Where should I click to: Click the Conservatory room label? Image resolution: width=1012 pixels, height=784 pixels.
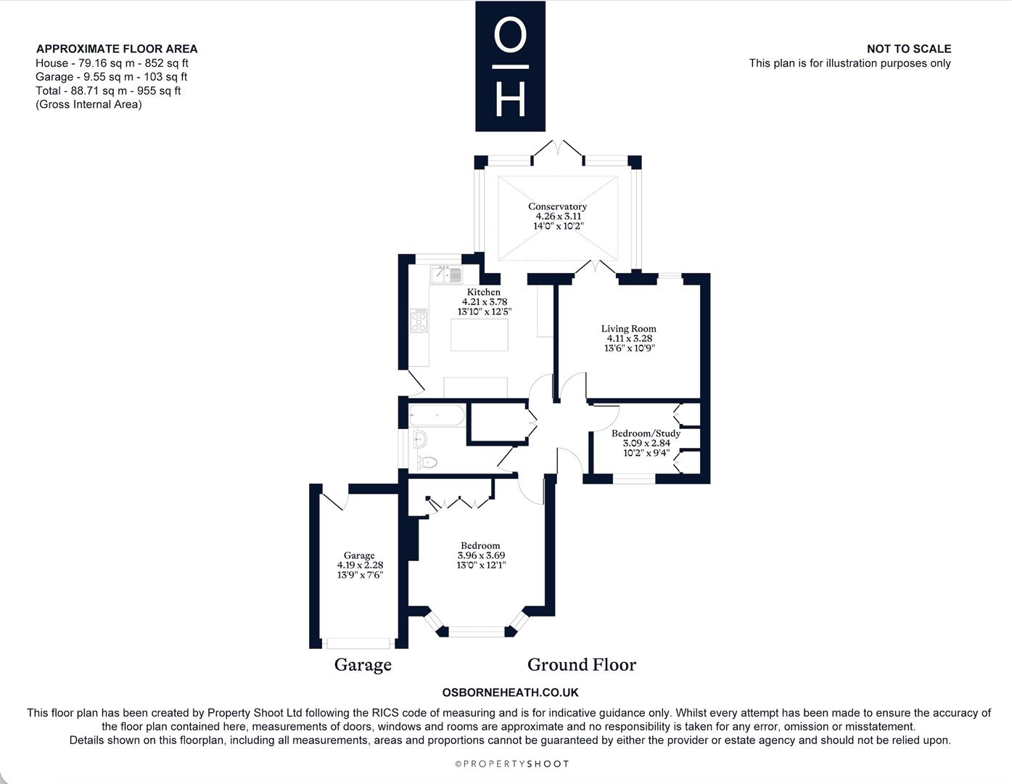click(x=557, y=206)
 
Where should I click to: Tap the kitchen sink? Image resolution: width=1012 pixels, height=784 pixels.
click(x=446, y=274)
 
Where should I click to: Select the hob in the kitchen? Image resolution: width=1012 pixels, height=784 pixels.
click(x=419, y=321)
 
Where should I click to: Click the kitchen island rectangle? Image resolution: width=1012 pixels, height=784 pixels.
click(x=480, y=335)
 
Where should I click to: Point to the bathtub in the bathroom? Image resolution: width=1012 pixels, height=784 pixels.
click(x=437, y=415)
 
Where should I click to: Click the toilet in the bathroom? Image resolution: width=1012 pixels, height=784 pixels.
click(x=427, y=462)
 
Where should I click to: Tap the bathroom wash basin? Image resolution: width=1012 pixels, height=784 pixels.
click(x=419, y=438)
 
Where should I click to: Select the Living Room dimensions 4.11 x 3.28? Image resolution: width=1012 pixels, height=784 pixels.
click(x=629, y=338)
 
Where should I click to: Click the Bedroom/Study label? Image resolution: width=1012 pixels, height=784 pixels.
click(x=646, y=433)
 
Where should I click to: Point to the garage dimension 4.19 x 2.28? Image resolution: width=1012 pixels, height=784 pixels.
click(x=360, y=565)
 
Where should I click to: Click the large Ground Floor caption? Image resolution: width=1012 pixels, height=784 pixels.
click(x=582, y=665)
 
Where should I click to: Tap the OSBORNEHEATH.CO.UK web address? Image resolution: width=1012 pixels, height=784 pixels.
click(x=511, y=693)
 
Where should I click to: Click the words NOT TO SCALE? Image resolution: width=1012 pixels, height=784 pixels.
click(x=909, y=49)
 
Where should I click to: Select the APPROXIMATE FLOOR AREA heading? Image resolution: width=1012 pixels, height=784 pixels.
click(x=117, y=49)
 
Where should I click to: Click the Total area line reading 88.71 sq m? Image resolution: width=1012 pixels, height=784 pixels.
click(x=108, y=91)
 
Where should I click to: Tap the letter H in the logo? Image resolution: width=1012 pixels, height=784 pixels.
click(x=511, y=99)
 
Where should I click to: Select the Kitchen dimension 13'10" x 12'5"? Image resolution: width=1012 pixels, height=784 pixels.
click(x=485, y=311)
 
